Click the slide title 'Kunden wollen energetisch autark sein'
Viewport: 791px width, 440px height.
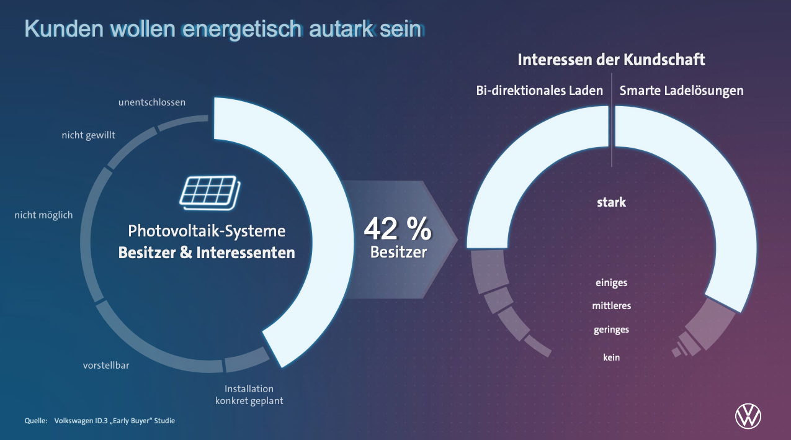224,29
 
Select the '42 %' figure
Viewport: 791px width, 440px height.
397,229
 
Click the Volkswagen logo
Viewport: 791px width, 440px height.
748,416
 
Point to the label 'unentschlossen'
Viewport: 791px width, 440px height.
151,102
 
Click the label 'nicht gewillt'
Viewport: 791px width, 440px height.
88,135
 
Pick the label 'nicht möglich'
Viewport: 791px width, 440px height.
43,215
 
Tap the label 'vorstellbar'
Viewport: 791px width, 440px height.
106,366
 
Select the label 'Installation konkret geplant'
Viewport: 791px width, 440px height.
249,395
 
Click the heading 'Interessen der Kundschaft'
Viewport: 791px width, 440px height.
611,60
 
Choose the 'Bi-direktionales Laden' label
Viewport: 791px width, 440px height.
539,91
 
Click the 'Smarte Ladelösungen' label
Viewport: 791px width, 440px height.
681,91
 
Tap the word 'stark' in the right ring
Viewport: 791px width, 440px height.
611,202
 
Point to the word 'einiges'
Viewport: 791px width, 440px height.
611,283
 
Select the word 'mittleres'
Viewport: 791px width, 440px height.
611,306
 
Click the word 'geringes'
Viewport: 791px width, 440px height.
611,330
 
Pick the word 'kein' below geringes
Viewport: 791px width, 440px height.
611,357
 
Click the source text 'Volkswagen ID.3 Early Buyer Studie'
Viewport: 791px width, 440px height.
115,421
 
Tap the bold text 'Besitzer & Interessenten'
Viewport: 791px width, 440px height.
207,253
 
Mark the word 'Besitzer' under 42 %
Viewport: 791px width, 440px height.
398,252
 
